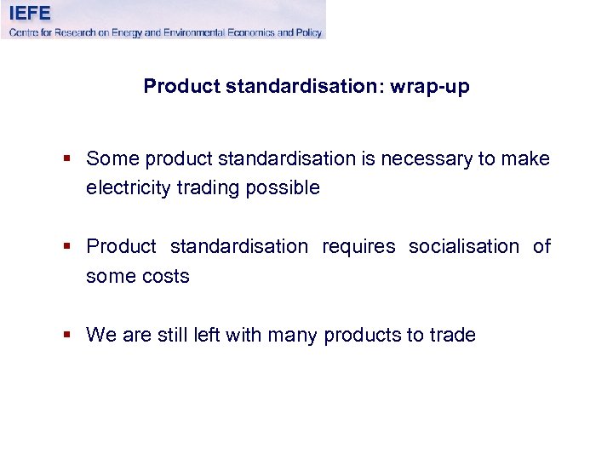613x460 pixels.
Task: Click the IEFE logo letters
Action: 30,13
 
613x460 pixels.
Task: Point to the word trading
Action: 203,188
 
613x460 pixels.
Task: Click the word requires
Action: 358,247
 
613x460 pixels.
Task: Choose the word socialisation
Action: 464,247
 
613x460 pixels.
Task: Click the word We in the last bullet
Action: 101,336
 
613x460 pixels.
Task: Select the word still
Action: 174,336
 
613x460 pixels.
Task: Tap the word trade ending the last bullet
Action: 451,336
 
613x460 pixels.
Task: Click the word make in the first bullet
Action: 527,158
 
